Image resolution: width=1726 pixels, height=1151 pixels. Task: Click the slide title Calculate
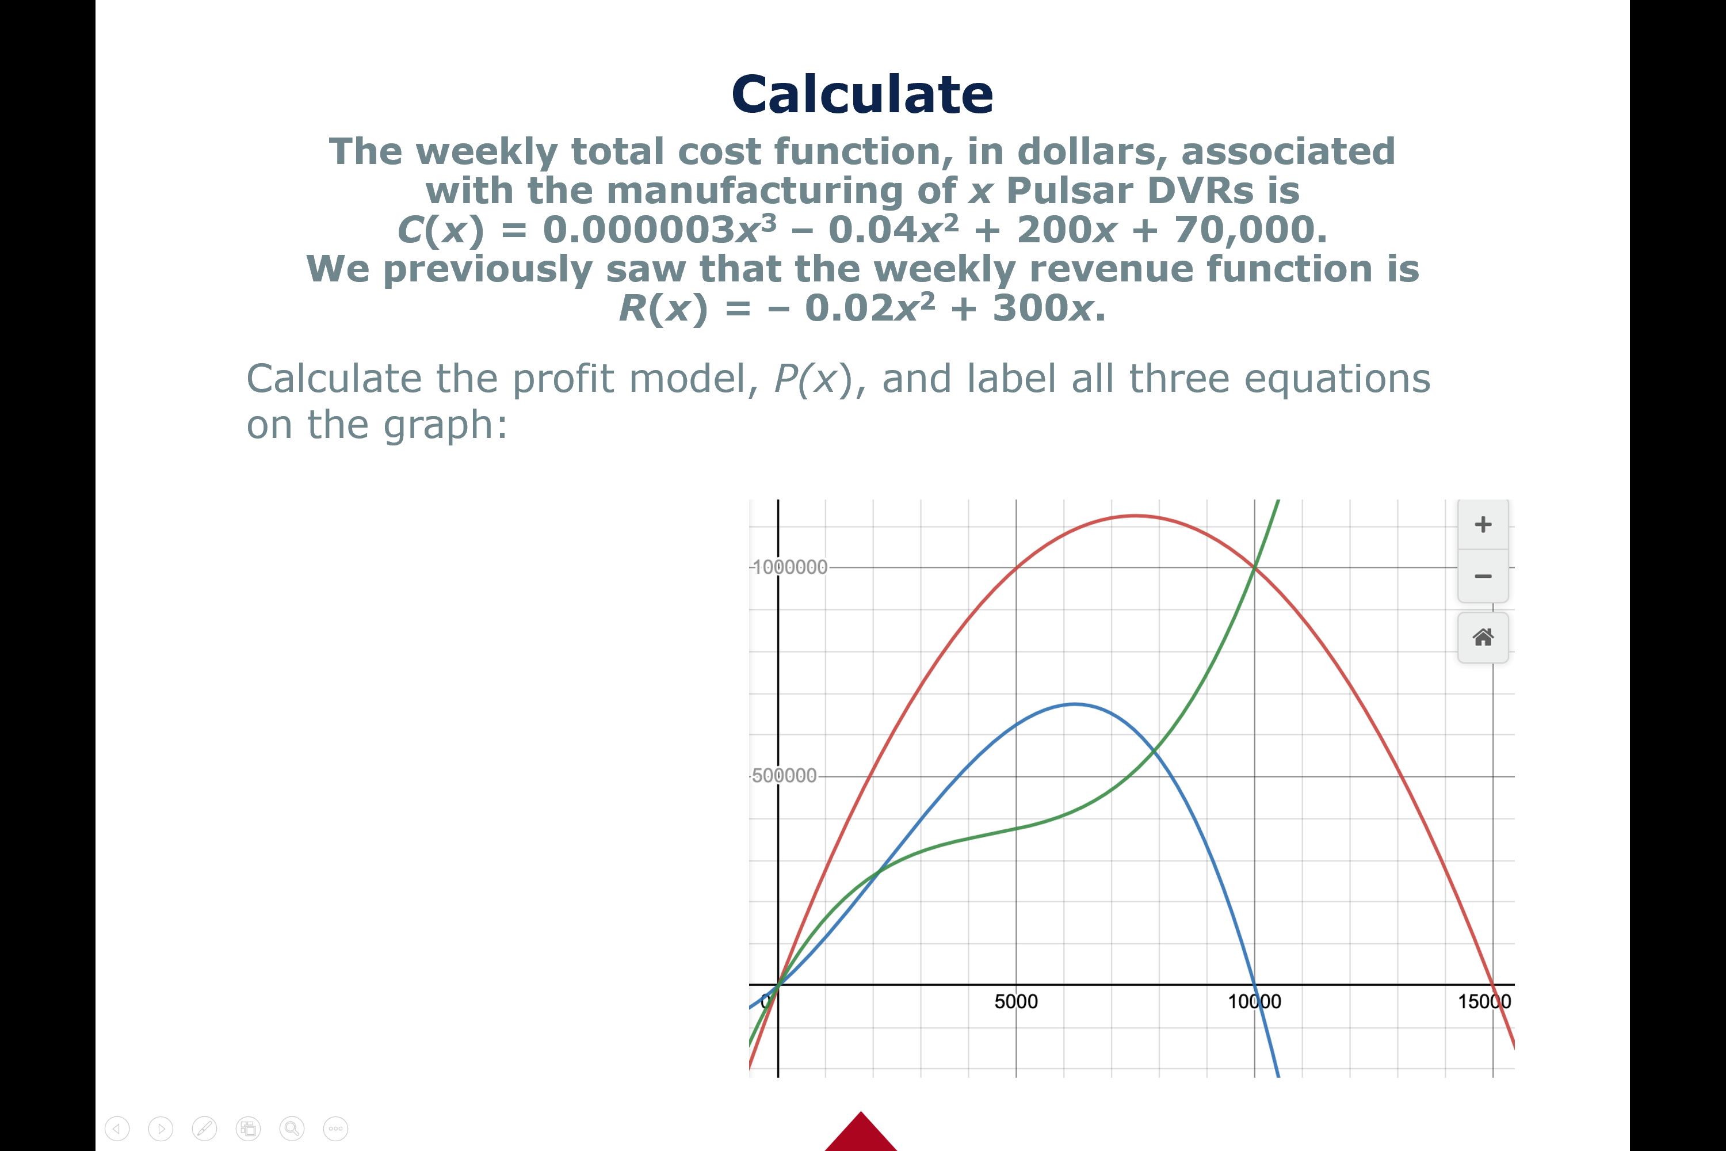pyautogui.click(x=862, y=95)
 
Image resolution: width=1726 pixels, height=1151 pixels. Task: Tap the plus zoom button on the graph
pyautogui.click(x=1483, y=524)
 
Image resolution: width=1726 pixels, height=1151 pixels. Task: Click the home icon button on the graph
pyautogui.click(x=1483, y=637)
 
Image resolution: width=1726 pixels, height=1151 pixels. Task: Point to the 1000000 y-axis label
pyautogui.click(x=789, y=567)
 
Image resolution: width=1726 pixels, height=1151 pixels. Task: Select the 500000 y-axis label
pyautogui.click(x=784, y=775)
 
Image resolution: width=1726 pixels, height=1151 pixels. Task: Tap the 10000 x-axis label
pyautogui.click(x=1254, y=1001)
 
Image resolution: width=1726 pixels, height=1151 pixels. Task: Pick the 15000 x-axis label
pyautogui.click(x=1484, y=1001)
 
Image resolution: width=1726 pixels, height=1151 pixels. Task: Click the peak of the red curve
pyautogui.click(x=1135, y=516)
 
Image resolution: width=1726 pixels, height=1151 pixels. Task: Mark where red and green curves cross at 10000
pyautogui.click(x=1254, y=567)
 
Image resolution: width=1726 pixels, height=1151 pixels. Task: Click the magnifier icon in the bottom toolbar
pyautogui.click(x=292, y=1128)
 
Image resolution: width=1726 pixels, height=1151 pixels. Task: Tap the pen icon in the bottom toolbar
pyautogui.click(x=205, y=1128)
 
